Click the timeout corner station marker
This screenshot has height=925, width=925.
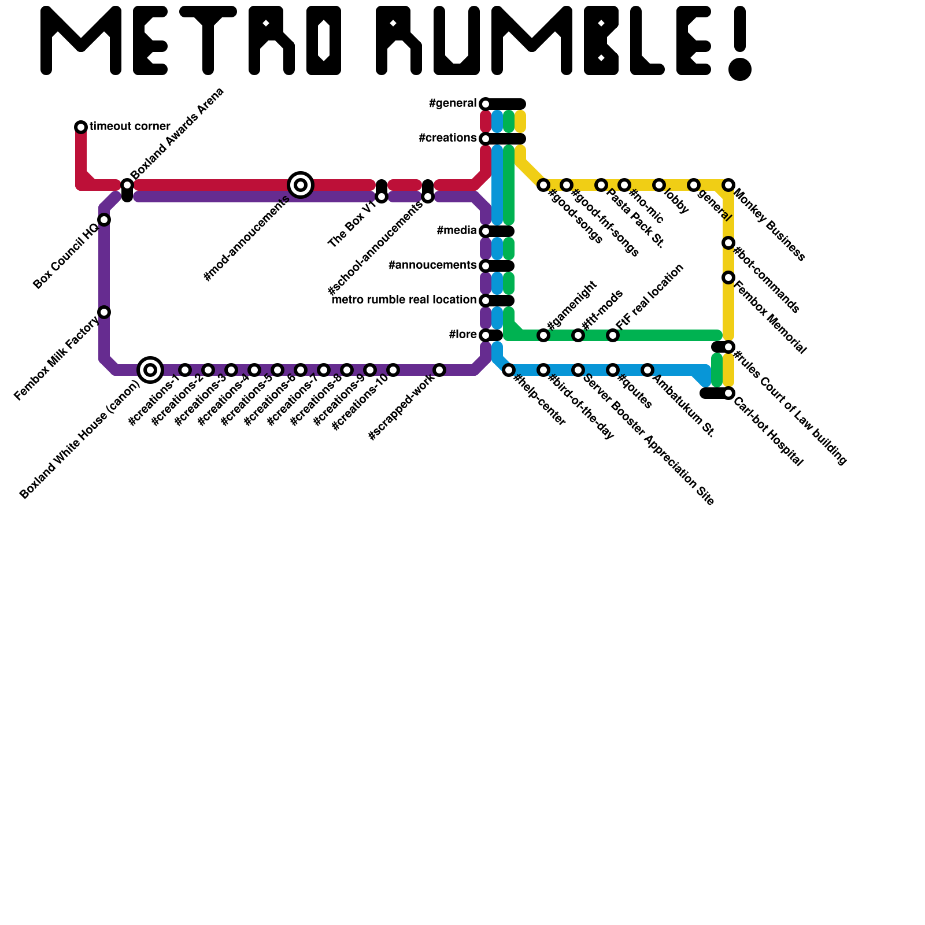point(81,127)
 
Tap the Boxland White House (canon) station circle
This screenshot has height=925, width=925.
point(150,369)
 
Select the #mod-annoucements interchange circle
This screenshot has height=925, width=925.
point(301,185)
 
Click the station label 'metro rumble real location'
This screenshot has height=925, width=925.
point(404,300)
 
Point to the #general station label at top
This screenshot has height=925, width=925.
point(452,103)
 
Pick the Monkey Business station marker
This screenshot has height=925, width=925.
point(728,185)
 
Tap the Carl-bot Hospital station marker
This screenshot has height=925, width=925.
point(728,394)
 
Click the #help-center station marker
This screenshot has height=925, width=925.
point(509,370)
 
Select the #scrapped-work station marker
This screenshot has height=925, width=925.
point(439,370)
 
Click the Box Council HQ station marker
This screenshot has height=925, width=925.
point(104,220)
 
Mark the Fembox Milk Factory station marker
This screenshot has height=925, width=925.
point(104,312)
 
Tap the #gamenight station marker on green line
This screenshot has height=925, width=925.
point(543,335)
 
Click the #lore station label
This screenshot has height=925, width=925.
point(462,335)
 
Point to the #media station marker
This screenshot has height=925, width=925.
point(486,231)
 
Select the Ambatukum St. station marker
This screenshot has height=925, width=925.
point(647,370)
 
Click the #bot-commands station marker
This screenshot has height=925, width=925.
point(728,243)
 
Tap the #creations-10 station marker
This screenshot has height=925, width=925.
point(393,370)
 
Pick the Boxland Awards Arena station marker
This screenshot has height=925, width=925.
point(127,185)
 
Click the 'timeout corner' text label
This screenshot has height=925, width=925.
point(130,127)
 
